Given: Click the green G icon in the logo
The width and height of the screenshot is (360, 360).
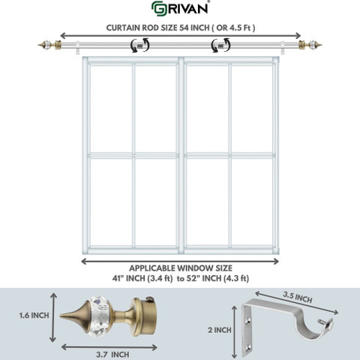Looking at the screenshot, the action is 158,8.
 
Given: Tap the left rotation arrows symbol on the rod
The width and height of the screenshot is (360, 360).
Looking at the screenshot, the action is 140,45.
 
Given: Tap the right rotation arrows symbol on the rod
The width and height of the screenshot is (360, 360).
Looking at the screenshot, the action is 220,45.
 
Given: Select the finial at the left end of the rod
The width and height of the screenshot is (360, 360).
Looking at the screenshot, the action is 49,45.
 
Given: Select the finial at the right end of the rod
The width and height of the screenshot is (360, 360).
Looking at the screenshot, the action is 310,45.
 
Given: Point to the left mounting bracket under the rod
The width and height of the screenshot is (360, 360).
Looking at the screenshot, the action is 78,48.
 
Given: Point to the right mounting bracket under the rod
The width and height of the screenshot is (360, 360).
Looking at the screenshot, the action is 283,48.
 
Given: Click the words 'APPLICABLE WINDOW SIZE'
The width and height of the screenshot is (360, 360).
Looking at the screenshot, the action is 181,268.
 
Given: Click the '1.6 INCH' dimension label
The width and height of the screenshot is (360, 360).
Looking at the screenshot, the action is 34,315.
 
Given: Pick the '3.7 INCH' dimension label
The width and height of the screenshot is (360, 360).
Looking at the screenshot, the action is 112,354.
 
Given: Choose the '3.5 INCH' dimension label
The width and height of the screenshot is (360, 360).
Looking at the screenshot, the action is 298,297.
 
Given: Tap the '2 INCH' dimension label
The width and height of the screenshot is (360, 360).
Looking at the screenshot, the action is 220,330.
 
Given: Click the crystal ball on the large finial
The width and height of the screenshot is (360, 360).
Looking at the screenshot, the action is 100,316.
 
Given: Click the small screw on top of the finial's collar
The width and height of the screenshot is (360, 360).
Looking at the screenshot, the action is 150,298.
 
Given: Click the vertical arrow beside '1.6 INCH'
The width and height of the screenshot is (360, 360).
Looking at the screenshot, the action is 53,317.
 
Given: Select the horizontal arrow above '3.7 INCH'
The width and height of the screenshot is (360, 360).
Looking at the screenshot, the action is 109,347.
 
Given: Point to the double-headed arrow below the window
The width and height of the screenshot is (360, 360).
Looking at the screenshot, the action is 180,262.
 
